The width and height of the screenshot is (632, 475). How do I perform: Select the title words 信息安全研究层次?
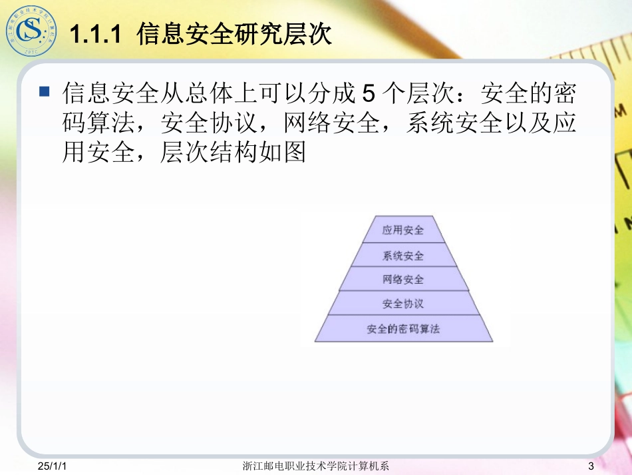[234, 33]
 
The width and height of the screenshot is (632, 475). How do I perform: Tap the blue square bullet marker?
[45, 91]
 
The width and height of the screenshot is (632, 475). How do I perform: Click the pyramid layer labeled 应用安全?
[403, 231]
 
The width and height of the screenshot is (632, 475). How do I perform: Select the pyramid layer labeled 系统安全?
[403, 255]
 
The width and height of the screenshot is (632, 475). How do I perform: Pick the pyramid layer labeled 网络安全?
[403, 279]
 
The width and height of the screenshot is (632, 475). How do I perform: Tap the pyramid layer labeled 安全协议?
[403, 304]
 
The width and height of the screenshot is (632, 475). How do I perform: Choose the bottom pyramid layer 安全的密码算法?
[403, 329]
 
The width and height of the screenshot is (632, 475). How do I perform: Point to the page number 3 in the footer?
[590, 466]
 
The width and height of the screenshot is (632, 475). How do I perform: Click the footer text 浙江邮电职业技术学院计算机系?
[316, 466]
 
